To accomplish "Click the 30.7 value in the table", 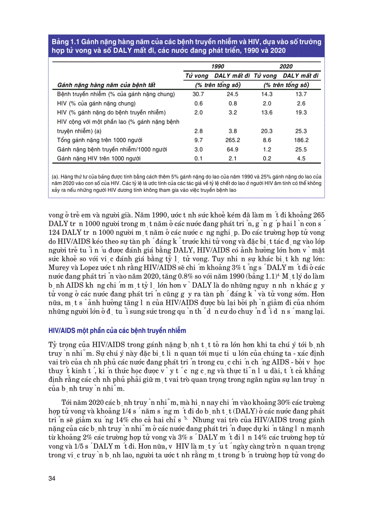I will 198,94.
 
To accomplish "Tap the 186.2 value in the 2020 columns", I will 300,140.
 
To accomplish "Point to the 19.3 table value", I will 300,112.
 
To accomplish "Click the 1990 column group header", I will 218,66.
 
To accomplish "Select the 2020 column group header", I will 286,66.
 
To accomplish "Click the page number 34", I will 52,478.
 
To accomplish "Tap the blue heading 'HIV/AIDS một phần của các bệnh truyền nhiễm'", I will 117,330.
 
